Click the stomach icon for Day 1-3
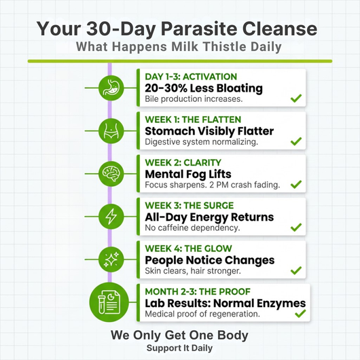[x=110, y=86]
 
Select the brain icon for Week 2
[x=110, y=173]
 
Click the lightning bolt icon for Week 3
[x=110, y=215]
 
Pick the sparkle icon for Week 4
[x=110, y=259]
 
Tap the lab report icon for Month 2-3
[x=110, y=302]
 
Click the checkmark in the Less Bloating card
[x=296, y=98]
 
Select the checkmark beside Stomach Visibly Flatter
[x=296, y=141]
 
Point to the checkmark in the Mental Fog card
[x=296, y=184]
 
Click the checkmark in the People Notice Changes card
[x=296, y=270]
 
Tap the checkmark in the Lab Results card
[x=300, y=314]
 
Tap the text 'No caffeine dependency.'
[x=194, y=229]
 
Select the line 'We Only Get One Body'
[x=179, y=336]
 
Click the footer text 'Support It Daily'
[x=179, y=348]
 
